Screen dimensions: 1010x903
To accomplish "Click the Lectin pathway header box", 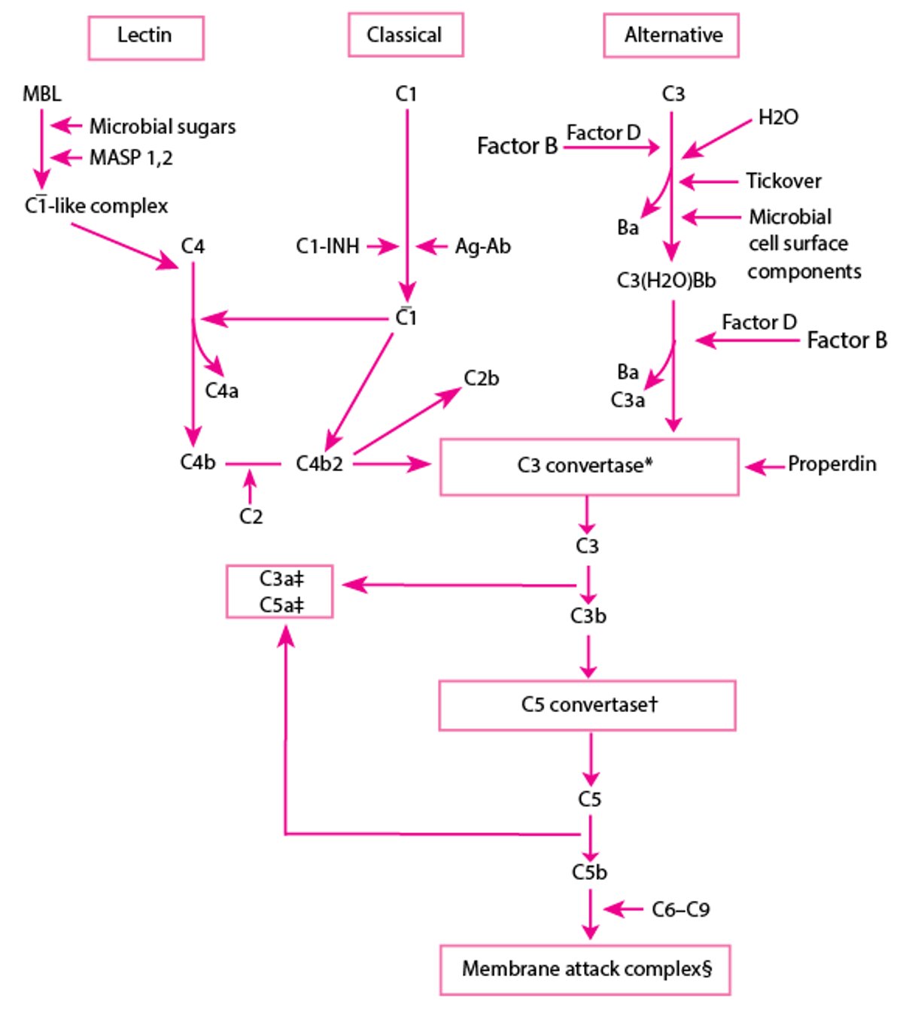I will point(145,37).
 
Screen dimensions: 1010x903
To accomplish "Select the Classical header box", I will point(405,35).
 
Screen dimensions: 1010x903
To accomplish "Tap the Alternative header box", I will point(671,35).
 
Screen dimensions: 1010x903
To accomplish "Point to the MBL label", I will point(42,94).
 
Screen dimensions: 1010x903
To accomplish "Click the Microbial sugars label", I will point(162,126).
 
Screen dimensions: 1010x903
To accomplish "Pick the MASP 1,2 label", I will point(131,157).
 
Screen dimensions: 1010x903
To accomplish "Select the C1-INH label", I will point(327,246).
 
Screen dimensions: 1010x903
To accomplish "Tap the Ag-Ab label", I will point(482,246).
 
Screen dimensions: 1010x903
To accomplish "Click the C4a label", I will point(221,391).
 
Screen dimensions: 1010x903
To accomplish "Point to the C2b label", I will point(481,379).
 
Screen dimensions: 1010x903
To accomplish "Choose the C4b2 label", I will point(319,464).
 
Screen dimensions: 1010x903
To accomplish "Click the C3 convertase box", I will point(588,467).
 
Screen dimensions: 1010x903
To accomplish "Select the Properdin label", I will point(832,464).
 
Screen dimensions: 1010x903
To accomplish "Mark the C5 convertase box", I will point(587,705).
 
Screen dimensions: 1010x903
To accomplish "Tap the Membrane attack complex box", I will point(585,969).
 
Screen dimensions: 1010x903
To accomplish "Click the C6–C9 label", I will point(680,910).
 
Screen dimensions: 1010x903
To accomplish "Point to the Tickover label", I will point(783,181).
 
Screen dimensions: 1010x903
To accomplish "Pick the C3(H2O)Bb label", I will point(666,281).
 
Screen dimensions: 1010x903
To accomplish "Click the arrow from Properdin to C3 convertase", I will point(765,467).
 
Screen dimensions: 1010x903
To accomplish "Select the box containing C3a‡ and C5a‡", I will point(280,592).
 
